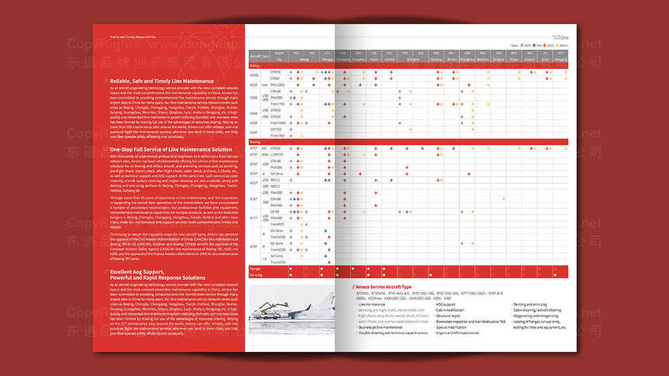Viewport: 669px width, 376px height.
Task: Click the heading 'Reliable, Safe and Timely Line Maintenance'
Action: tap(162, 81)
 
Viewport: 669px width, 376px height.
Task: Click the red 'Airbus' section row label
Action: tap(255, 66)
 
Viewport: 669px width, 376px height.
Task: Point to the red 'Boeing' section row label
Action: tap(255, 142)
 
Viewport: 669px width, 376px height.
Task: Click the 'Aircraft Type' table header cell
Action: tap(259, 56)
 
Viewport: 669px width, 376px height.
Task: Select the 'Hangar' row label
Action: tap(256, 269)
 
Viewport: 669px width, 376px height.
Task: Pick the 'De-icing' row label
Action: tap(256, 275)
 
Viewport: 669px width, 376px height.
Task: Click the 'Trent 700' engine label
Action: tap(277, 104)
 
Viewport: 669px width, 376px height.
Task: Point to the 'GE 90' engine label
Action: tap(275, 211)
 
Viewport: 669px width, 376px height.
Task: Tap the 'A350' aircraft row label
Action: tap(254, 123)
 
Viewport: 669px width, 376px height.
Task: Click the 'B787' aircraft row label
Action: tap(255, 246)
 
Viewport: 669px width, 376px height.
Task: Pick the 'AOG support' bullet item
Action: tap(446, 304)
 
